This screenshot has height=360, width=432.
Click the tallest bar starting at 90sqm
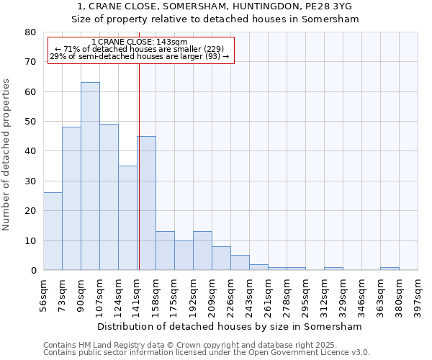pos(90,176)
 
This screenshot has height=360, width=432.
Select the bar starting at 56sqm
pos(53,231)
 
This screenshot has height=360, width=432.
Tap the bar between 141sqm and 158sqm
pos(147,203)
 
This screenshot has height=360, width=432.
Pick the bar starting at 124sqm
pos(127,218)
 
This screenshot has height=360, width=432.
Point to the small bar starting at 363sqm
pos(390,269)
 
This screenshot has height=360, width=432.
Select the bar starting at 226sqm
pos(240,263)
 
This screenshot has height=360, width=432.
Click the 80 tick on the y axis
pos(30,32)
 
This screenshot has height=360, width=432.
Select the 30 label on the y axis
pos(30,181)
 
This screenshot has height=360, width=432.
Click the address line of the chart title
pos(215,7)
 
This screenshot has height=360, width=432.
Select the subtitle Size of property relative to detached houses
pos(215,19)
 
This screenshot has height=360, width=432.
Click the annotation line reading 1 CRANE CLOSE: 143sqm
pos(140,42)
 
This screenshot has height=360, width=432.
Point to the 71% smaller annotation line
pos(140,49)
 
